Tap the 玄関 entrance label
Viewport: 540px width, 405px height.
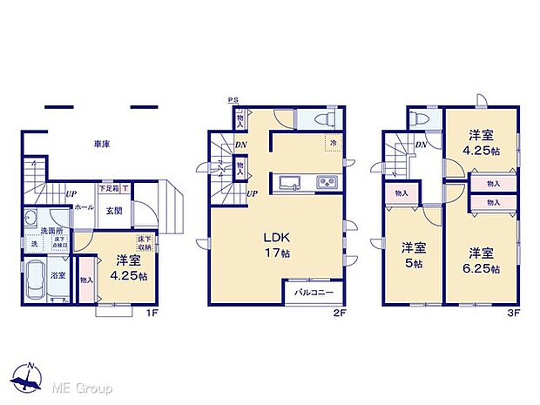coord(114,210)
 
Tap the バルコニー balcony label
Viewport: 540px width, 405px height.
coord(311,292)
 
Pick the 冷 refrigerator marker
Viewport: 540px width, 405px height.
coord(333,142)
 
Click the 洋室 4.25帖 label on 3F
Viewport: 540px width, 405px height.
coord(481,143)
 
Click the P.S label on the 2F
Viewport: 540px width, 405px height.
coord(233,100)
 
